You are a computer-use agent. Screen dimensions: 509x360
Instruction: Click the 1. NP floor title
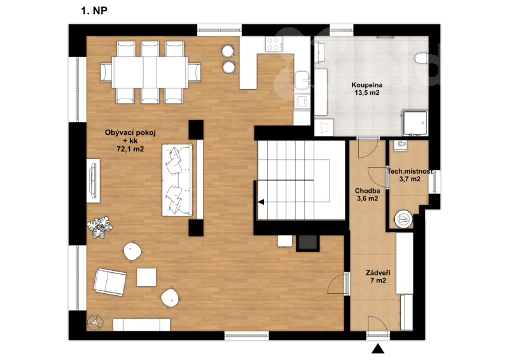94,11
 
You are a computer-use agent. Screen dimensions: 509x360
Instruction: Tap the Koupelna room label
367,85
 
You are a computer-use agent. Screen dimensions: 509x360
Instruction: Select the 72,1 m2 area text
130,149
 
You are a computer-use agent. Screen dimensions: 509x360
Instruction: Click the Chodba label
368,191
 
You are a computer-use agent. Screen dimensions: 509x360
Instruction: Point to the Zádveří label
378,273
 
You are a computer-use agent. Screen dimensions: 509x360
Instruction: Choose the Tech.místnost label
410,171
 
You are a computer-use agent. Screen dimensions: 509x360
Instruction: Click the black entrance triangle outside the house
378,349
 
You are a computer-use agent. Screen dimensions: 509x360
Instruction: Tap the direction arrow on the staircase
261,202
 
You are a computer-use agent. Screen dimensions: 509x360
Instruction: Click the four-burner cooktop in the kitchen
274,44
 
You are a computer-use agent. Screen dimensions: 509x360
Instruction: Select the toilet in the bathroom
422,59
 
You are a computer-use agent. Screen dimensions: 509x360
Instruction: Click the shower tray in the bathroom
415,123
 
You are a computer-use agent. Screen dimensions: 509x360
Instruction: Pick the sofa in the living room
178,180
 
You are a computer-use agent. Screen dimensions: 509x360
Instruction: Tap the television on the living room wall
94,181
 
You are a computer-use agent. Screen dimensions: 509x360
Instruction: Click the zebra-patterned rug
99,227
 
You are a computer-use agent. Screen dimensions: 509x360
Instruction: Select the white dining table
150,72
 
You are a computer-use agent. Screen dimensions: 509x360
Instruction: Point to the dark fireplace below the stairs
308,243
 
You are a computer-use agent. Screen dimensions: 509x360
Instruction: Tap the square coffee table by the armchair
146,277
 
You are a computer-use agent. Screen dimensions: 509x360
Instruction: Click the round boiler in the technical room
404,220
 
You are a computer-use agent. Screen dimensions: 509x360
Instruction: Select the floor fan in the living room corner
95,322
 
